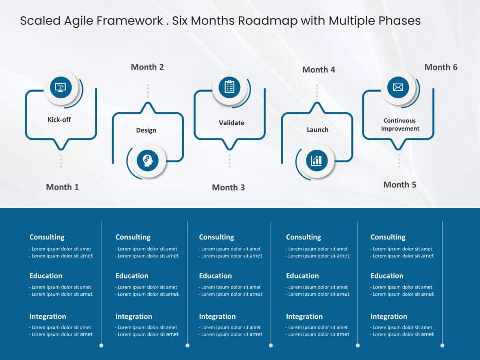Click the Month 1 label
click(62, 187)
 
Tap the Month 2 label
click(147, 67)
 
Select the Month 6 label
click(441, 67)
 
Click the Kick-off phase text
click(59, 120)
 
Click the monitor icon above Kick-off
click(61, 87)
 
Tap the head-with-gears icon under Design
click(147, 160)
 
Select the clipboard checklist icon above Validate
click(229, 87)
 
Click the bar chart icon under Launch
click(316, 160)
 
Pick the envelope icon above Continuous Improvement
click(398, 87)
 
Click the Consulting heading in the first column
click(47, 237)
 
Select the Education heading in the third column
click(215, 276)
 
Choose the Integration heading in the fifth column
click(388, 316)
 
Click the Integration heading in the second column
click(133, 316)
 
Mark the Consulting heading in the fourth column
click(303, 237)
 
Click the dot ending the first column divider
click(101, 345)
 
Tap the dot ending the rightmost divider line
click(442, 345)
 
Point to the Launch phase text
click(317, 130)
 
